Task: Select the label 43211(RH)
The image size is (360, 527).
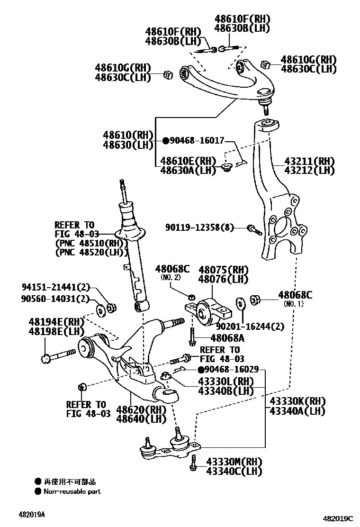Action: tap(309, 161)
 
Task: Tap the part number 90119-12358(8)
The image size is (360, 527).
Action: tap(199, 228)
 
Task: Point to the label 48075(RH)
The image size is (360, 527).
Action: tap(223, 270)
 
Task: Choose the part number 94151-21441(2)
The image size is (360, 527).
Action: tap(55, 287)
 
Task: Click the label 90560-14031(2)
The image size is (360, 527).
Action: tap(55, 299)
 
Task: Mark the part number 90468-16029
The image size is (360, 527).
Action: tap(231, 370)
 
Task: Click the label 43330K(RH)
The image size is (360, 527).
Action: tap(297, 401)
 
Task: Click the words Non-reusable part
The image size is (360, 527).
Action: tap(72, 491)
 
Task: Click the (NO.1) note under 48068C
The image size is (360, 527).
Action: tap(293, 304)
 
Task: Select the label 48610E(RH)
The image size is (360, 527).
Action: tap(188, 161)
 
